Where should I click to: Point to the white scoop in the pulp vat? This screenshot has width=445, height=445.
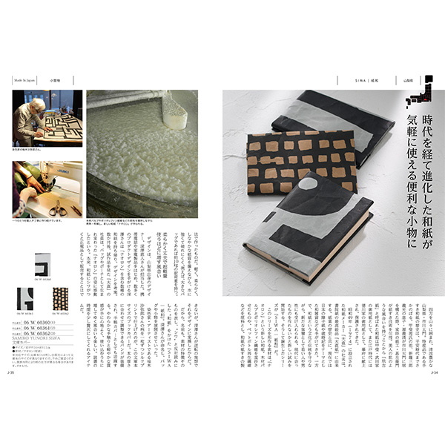(175, 109)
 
